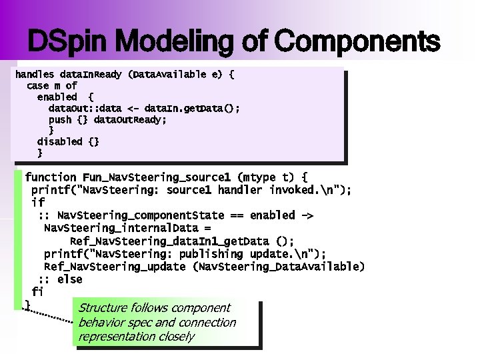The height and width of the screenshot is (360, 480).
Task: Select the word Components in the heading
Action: coord(357,42)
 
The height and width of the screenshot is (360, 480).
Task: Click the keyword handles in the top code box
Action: coord(35,75)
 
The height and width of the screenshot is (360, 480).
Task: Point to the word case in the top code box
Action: coord(37,86)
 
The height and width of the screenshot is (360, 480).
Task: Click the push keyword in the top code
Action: coord(60,119)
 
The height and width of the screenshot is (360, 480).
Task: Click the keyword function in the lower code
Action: coord(51,177)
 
